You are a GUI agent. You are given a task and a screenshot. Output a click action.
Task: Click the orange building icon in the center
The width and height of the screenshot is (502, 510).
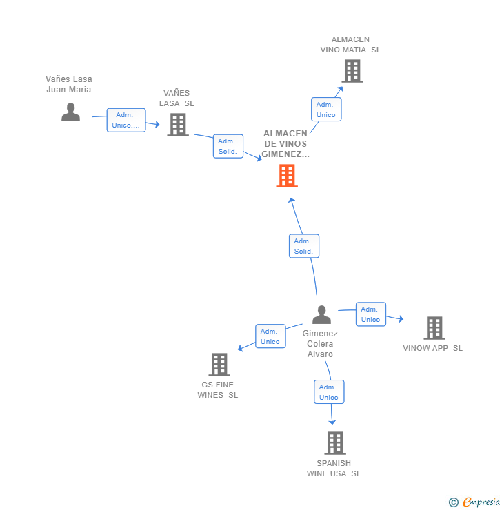(x=287, y=176)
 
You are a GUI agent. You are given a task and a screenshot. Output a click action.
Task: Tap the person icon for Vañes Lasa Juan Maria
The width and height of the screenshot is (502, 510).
(x=70, y=112)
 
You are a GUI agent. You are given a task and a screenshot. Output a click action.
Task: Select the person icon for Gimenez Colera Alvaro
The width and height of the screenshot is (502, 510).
(x=321, y=315)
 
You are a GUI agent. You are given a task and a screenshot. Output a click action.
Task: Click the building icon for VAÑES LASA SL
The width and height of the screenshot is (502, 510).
(x=178, y=125)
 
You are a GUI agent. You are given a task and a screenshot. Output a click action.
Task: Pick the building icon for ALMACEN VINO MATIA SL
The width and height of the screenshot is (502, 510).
(x=352, y=71)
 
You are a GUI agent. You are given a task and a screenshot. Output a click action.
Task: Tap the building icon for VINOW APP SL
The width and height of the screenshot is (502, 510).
(x=434, y=328)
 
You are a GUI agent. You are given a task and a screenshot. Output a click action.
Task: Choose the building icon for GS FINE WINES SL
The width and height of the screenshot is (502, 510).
(x=219, y=365)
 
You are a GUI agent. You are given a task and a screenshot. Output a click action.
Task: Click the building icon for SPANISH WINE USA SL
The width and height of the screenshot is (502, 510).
(x=335, y=443)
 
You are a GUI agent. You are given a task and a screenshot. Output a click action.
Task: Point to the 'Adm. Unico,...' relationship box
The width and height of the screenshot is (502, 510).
(x=126, y=120)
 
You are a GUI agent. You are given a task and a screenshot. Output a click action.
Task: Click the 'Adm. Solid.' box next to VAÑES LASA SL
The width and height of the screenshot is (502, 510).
(x=228, y=146)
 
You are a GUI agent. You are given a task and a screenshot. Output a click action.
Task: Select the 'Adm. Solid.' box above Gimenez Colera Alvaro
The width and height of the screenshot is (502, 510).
(x=303, y=246)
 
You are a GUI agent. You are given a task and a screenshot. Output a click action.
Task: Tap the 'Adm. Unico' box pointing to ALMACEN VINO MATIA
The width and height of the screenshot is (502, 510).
(x=326, y=110)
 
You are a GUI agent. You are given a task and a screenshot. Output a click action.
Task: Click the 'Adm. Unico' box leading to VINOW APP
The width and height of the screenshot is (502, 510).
(x=370, y=314)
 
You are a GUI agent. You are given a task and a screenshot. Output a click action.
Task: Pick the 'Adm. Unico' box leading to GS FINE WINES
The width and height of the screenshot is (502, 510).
(x=270, y=336)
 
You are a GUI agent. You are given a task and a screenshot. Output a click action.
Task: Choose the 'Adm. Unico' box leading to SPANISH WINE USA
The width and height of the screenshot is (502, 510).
(x=329, y=392)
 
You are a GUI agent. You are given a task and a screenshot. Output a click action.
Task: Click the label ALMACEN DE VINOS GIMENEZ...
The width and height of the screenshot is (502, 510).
(x=285, y=144)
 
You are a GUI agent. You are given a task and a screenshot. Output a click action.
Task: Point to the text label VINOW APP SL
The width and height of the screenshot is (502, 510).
(x=433, y=348)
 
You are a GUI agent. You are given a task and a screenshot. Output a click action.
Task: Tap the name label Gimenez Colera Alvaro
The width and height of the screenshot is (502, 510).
(x=320, y=343)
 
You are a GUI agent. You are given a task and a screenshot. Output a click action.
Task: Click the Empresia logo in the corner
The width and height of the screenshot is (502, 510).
(x=475, y=502)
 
